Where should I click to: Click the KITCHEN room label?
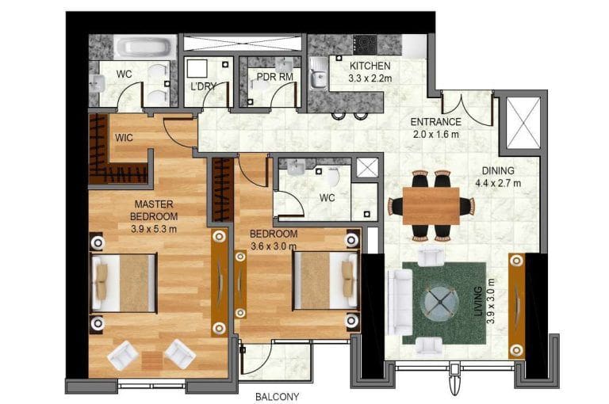pos(370,66)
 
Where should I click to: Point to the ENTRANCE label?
pos(435,122)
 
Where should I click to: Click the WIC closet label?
pos(124,138)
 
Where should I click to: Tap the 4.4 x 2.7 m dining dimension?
pos(498,183)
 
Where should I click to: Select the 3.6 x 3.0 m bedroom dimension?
pos(273,246)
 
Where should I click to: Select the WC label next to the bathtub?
pos(124,74)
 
